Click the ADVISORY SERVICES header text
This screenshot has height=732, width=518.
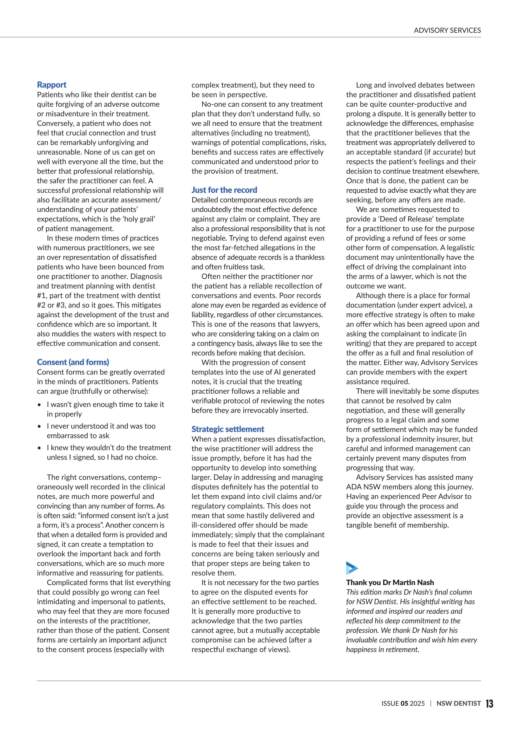447,30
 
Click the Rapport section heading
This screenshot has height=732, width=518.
52,85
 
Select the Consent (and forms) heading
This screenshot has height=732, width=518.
73,362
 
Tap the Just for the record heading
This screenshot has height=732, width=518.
224,190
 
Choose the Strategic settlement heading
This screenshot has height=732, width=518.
228,429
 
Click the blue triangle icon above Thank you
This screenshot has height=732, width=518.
352,568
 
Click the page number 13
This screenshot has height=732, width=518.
489,704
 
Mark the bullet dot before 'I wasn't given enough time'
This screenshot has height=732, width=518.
39,405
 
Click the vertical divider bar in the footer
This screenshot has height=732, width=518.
431,704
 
